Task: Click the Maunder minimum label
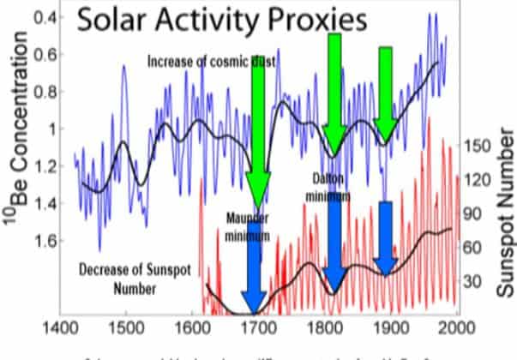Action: click(x=248, y=225)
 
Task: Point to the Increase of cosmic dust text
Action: click(x=203, y=63)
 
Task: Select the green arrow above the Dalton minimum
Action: click(x=334, y=90)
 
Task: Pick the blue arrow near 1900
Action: click(x=386, y=236)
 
